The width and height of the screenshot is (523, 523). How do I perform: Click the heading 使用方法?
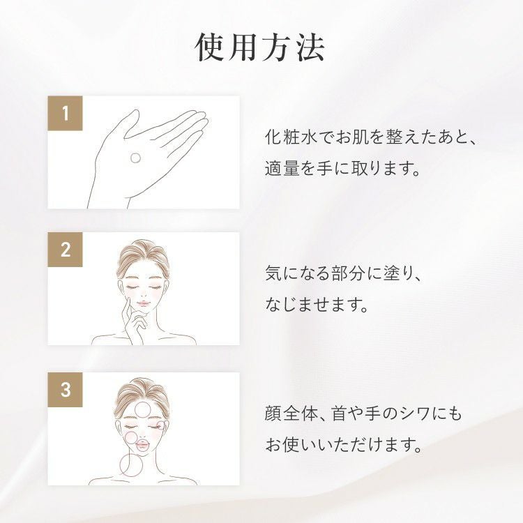pos(259,47)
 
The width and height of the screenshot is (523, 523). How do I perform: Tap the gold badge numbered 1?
pos(65,113)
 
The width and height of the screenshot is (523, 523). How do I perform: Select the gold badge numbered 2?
pos(65,250)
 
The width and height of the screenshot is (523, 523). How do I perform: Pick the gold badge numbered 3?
pos(65,390)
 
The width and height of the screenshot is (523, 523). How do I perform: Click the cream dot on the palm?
pos(135,158)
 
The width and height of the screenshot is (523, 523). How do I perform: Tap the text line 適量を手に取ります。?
pos(342,168)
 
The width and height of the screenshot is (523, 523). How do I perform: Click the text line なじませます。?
pos(317,305)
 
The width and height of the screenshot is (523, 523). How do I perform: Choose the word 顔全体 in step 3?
pos(290,414)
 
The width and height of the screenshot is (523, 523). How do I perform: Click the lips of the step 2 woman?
pos(143,303)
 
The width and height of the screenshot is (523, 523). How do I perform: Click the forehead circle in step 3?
pos(143,410)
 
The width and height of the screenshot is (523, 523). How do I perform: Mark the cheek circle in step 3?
pos(130,438)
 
